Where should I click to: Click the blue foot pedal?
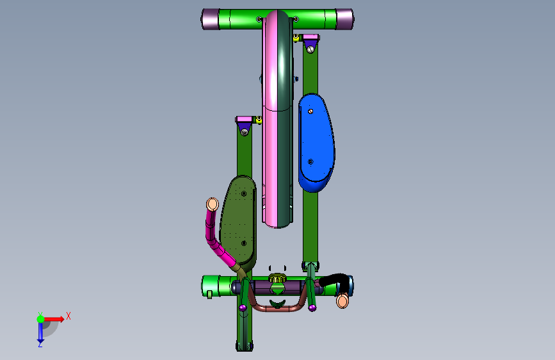(316, 142)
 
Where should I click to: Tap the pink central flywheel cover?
(272, 117)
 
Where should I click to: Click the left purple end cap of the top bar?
(210, 19)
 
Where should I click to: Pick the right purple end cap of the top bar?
(344, 19)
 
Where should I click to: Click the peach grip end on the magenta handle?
(213, 204)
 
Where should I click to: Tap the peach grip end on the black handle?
(342, 301)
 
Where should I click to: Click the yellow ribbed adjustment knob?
(277, 278)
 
